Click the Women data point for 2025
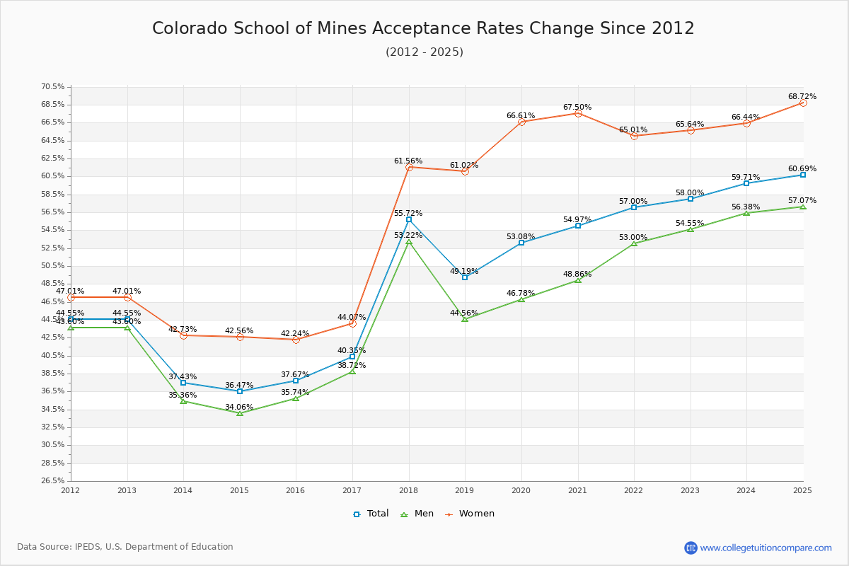coord(803,103)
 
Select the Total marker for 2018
coord(409,219)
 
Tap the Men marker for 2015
coord(240,412)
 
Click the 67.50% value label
coord(577,108)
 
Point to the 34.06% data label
coord(239,407)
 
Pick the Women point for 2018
coord(409,167)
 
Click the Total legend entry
coord(371,514)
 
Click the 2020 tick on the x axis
coord(521,490)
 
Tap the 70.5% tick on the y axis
coord(52,86)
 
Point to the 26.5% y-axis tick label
coord(52,480)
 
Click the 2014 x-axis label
coord(183,490)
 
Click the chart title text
coord(423,28)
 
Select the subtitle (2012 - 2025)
coord(424,52)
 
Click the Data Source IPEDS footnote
coord(125,547)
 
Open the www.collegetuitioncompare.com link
coord(766,548)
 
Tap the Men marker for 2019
coord(465,319)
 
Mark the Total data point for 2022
coord(634,207)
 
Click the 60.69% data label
coord(802,168)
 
